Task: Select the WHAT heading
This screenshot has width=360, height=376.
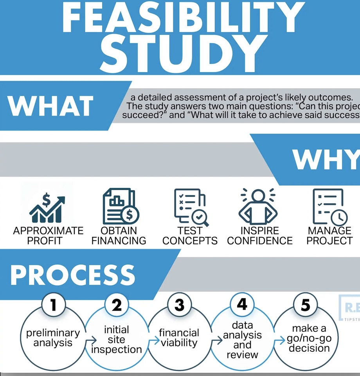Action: [51, 106]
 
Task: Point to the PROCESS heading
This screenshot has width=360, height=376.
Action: [73, 275]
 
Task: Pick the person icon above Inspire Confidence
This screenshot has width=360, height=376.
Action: [258, 206]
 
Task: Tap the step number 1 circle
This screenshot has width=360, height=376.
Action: [54, 305]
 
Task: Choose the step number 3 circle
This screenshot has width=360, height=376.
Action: [180, 305]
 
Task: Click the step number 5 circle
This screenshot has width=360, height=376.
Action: [305, 305]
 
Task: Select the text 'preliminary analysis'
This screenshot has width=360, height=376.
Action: [53, 338]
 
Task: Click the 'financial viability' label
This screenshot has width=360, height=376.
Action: [179, 338]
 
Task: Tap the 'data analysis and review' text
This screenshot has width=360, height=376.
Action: [242, 340]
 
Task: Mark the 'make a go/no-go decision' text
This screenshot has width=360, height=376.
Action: [309, 338]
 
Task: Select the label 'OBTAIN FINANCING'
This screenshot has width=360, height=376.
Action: [119, 235]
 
